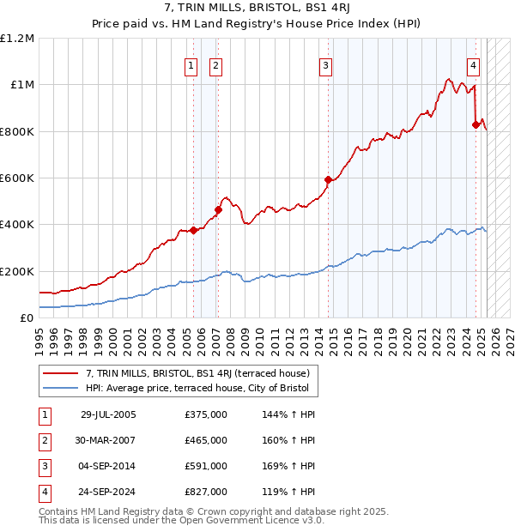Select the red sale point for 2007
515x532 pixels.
pyautogui.click(x=219, y=209)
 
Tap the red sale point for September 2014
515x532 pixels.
pyautogui.click(x=328, y=180)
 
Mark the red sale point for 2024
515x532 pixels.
pyautogui.click(x=476, y=125)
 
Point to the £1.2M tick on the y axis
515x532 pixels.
pyautogui.click(x=17, y=39)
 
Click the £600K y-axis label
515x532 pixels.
pyautogui.click(x=17, y=178)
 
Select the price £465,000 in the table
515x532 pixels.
pyautogui.click(x=206, y=441)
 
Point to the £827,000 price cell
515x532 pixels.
pyautogui.click(x=206, y=493)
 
